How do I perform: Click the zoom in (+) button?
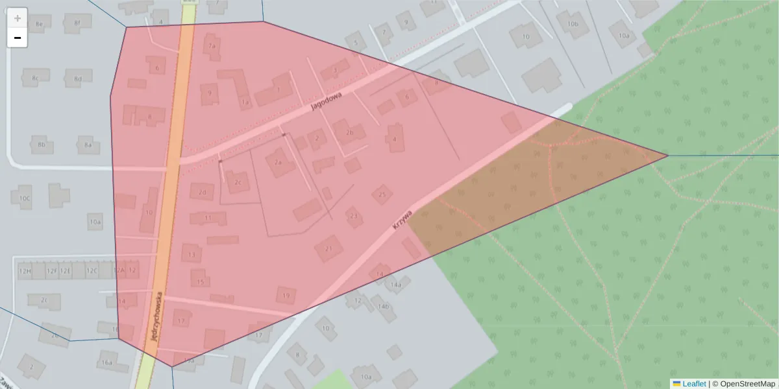[18, 18]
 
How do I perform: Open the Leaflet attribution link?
[693, 384]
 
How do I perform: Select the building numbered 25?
[382, 194]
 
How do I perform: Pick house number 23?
[354, 216]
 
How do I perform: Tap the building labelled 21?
[329, 248]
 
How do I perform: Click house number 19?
[286, 296]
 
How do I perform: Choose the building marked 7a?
[211, 45]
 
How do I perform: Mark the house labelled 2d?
[203, 192]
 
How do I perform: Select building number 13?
[192, 255]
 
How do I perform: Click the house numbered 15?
[201, 282]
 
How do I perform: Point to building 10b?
[573, 24]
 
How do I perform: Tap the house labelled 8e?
[39, 24]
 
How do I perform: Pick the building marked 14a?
[395, 285]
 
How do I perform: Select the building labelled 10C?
[25, 198]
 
